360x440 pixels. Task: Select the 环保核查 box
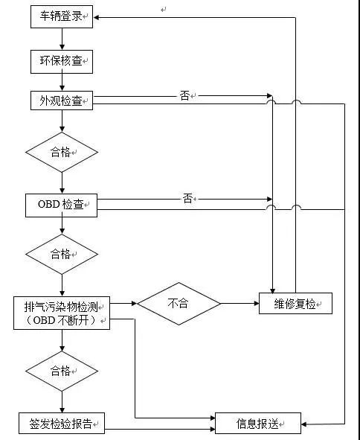click(x=62, y=61)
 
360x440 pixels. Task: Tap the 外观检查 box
click(x=62, y=101)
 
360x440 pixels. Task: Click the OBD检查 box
click(x=62, y=204)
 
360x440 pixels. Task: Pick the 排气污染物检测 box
click(x=62, y=313)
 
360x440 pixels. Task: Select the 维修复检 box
click(x=295, y=304)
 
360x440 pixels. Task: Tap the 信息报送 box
click(x=258, y=423)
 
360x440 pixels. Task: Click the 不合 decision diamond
click(x=179, y=304)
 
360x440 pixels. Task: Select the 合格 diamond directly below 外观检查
click(x=62, y=152)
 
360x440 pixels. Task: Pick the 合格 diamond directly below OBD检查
click(x=62, y=254)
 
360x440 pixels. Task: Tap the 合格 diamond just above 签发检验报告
click(x=62, y=370)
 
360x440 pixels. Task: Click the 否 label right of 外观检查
click(x=184, y=95)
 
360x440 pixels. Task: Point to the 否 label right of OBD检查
click(x=187, y=198)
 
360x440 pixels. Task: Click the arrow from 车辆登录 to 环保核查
click(x=62, y=39)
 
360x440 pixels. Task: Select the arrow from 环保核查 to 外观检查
click(x=62, y=82)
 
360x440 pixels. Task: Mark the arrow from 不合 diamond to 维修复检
click(x=240, y=304)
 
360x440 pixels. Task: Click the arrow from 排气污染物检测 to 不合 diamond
click(x=124, y=304)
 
